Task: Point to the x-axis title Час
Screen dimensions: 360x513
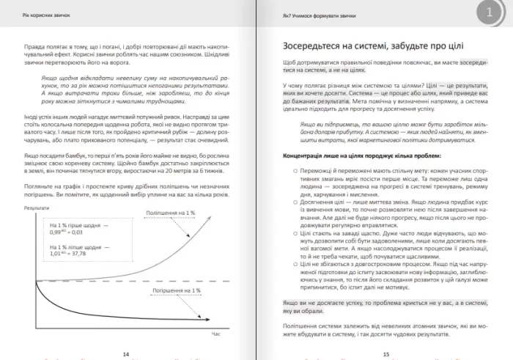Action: click(215, 334)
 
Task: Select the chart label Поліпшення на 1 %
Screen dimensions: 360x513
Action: click(170, 212)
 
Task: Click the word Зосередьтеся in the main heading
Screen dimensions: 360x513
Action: click(312, 45)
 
